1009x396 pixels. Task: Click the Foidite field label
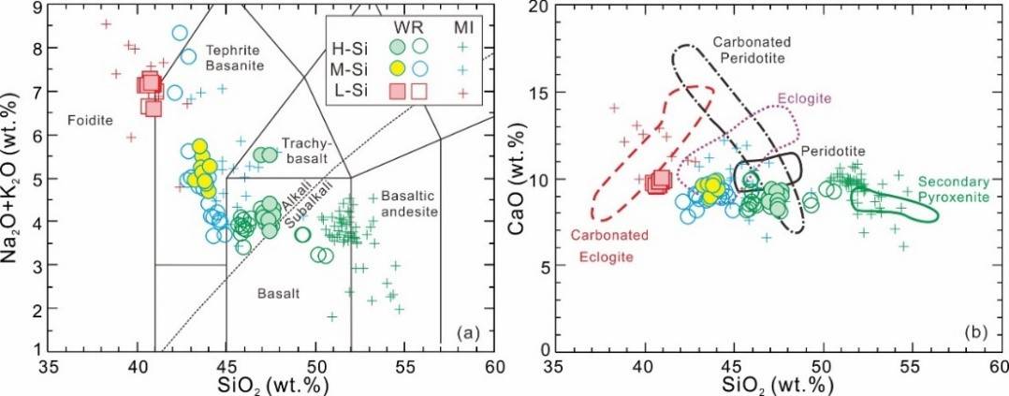tap(89, 121)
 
